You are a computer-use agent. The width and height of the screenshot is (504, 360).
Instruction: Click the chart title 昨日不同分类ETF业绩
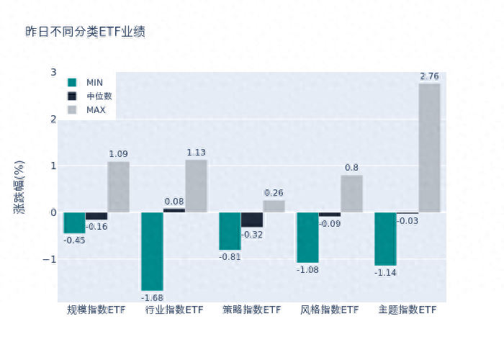click(85, 32)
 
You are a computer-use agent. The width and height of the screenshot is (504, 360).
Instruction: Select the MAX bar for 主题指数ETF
click(429, 148)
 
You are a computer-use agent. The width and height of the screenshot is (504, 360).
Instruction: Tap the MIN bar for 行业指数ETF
click(152, 251)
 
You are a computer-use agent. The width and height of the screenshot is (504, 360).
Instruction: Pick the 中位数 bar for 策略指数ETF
click(252, 220)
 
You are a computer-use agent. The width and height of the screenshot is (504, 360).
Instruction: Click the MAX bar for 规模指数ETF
click(119, 186)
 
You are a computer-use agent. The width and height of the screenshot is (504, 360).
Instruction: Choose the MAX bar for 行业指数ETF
click(197, 186)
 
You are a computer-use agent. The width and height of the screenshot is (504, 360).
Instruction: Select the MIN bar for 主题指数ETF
click(385, 239)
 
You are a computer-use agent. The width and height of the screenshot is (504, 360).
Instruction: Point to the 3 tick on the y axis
click(53, 72)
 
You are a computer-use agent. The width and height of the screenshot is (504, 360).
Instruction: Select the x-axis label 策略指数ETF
click(252, 310)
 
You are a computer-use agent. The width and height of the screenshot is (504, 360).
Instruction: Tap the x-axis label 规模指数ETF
click(96, 310)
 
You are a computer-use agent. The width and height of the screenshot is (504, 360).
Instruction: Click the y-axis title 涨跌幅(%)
click(19, 187)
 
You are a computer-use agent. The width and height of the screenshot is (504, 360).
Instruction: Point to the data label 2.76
click(429, 76)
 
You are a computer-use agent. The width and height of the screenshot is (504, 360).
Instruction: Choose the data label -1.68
click(152, 297)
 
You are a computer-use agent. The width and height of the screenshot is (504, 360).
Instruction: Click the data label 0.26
click(274, 193)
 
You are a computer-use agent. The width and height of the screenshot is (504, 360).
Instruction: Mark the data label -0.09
click(330, 224)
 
